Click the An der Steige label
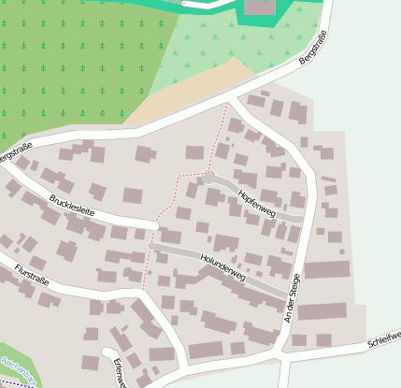293,299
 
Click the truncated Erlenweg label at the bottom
119,372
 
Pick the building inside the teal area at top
261,7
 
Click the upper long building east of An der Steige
326,270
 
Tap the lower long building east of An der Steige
322,311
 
